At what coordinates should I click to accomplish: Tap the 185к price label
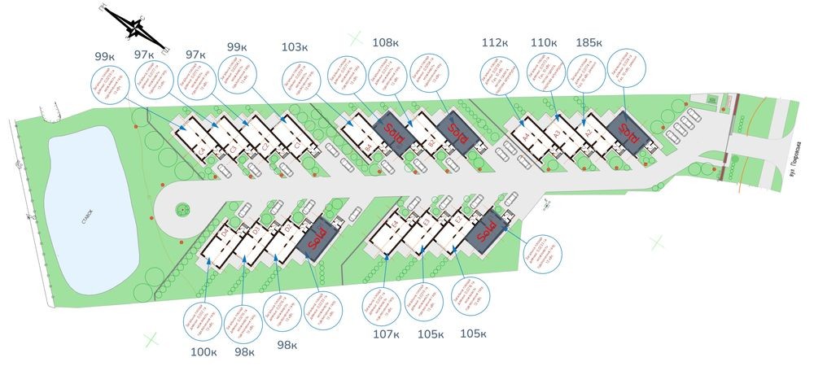coord(590,41)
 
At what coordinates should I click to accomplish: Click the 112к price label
coord(495,41)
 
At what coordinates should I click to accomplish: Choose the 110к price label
coord(543,41)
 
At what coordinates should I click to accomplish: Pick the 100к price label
coord(204,351)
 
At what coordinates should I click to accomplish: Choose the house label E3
coord(425,222)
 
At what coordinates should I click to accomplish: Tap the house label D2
coord(290,228)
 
